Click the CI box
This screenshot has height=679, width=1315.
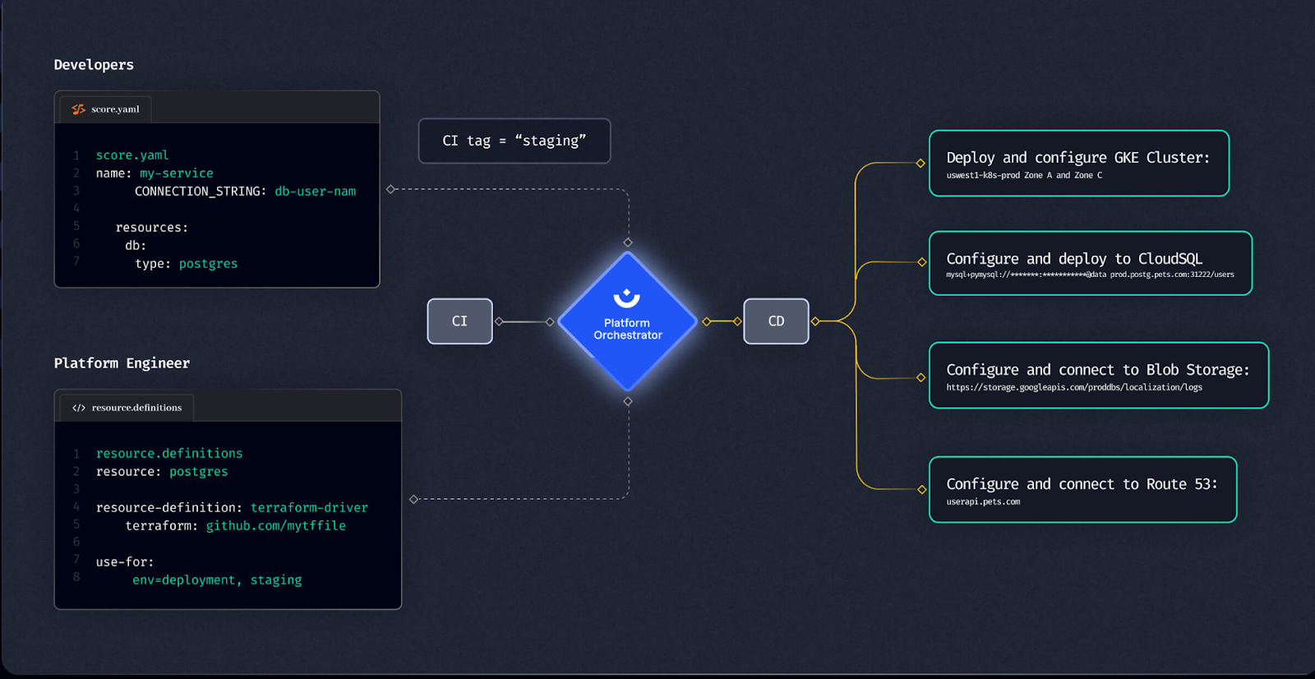click(459, 321)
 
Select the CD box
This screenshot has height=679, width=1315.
click(776, 321)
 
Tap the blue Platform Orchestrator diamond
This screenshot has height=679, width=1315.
click(627, 321)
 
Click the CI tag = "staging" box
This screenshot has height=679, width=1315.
click(514, 141)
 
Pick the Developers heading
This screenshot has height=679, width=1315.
click(94, 65)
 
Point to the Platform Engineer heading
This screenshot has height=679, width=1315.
click(122, 363)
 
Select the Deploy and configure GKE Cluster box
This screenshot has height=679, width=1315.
click(1078, 164)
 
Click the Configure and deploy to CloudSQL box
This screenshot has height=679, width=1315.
click(1090, 264)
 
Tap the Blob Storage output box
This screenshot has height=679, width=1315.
click(1098, 376)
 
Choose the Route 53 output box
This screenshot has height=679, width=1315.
click(1082, 490)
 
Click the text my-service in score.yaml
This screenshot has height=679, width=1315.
click(177, 173)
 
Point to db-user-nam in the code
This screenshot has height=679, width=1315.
click(315, 192)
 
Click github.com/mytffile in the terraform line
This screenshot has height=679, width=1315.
click(275, 526)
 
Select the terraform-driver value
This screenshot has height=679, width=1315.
click(309, 508)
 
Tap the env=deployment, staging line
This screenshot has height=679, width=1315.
click(217, 580)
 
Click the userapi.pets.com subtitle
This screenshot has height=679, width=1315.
click(983, 502)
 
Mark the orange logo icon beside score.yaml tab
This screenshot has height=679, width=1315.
click(79, 109)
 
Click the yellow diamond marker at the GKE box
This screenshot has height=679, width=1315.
click(920, 164)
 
